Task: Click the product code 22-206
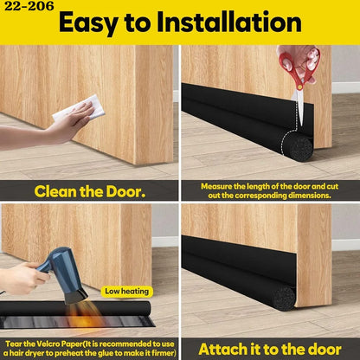(29, 6)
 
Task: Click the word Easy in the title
(89, 23)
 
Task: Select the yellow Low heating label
(127, 292)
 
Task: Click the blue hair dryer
(65, 274)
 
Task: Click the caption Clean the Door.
(90, 191)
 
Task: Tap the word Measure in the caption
(216, 186)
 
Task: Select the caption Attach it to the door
(270, 350)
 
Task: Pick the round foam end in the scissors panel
(300, 149)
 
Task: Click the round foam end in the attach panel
(284, 299)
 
